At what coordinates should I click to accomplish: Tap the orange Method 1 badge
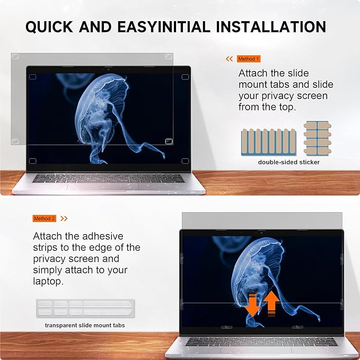[x=249, y=59]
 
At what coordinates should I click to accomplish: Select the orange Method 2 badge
[x=45, y=218]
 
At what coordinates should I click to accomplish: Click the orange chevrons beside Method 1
[x=230, y=59]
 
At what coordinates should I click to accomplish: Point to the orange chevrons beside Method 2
[x=64, y=218]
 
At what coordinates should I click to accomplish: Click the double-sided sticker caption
[x=289, y=162]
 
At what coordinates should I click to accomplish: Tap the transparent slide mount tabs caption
[x=85, y=325]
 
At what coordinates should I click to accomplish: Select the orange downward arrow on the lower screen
[x=252, y=306]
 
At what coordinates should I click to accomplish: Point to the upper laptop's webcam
[x=109, y=69]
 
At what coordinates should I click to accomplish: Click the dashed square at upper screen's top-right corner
[x=185, y=77]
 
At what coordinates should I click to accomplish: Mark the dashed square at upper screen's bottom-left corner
[x=32, y=161]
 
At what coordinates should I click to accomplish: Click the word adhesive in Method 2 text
[x=100, y=236]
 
